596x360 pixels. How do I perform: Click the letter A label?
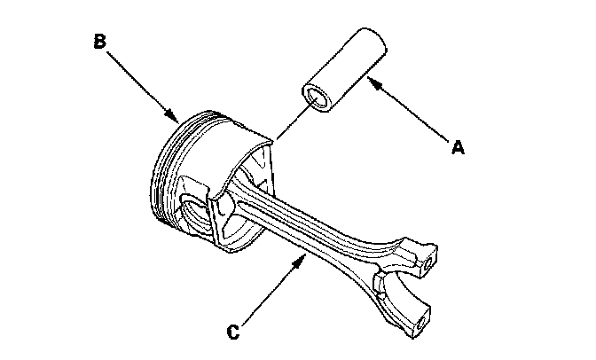click(458, 149)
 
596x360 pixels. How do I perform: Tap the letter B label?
click(100, 40)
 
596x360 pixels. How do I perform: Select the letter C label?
click(232, 333)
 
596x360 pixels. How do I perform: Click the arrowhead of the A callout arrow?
click(370, 82)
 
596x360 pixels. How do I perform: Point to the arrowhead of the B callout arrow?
click(176, 117)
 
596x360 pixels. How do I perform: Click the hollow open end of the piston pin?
click(315, 97)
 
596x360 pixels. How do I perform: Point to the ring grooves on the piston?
click(164, 168)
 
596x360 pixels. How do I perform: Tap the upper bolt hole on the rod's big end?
click(430, 263)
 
